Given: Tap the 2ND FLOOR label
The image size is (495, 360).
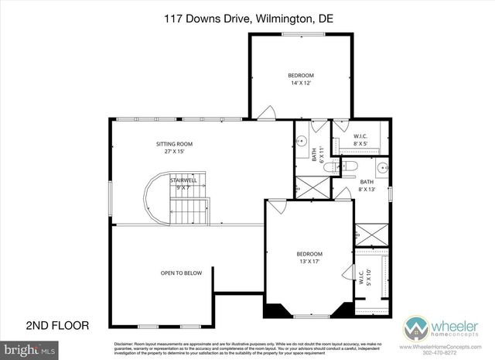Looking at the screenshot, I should coord(58,325).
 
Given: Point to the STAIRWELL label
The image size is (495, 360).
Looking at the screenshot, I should coord(183,180).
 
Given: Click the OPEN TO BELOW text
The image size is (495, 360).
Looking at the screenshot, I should coord(181,273).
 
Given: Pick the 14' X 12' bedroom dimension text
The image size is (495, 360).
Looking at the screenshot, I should coord(302,83).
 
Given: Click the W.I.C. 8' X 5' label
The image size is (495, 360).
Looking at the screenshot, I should coord(360,140).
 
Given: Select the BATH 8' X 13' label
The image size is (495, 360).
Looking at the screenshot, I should coord(367,187).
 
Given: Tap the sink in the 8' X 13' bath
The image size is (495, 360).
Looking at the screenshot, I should coord(383,167).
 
